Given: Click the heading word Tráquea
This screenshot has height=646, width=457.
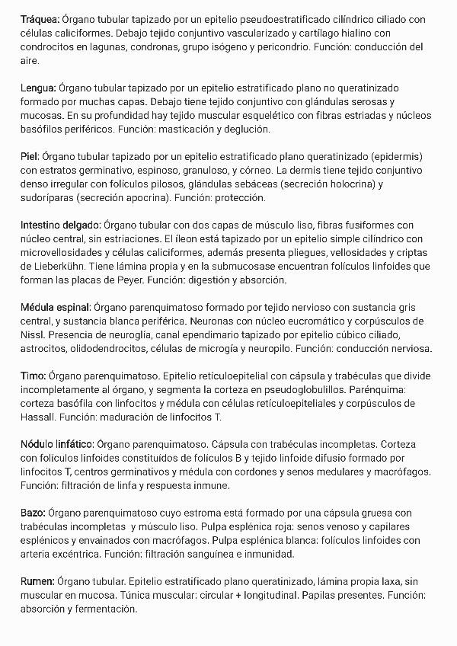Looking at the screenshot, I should [40, 19].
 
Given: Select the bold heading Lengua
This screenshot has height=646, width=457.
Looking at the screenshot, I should [37, 88].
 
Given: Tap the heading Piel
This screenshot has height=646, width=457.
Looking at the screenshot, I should [30, 156].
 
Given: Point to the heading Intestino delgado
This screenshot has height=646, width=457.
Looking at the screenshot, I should [60, 225].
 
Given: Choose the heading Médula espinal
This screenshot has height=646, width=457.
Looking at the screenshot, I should [56, 307].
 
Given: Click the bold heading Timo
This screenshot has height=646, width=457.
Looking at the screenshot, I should [33, 376].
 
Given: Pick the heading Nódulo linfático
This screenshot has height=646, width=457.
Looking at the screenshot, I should [57, 444].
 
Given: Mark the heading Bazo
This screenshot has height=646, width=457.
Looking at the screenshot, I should [33, 513].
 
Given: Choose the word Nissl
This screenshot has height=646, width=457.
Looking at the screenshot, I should [33, 334].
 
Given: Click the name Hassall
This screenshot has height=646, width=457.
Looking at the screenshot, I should [40, 417].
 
